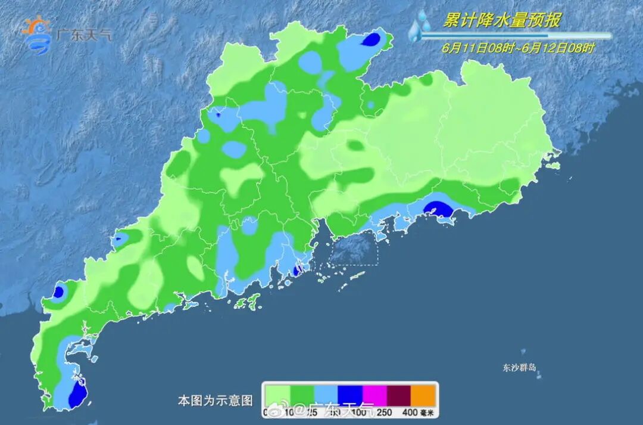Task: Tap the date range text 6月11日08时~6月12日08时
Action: (518, 48)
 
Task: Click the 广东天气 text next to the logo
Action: (83, 35)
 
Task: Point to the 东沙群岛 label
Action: (519, 368)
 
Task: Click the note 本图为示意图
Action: (215, 401)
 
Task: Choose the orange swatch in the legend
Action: (423, 395)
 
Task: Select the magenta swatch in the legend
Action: (374, 395)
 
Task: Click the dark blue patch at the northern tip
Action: (372, 39)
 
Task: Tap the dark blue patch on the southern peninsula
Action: (77, 395)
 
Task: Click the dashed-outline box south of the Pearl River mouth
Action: (354, 248)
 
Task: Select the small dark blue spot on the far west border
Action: (59, 292)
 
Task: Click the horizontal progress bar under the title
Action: (516, 36)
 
